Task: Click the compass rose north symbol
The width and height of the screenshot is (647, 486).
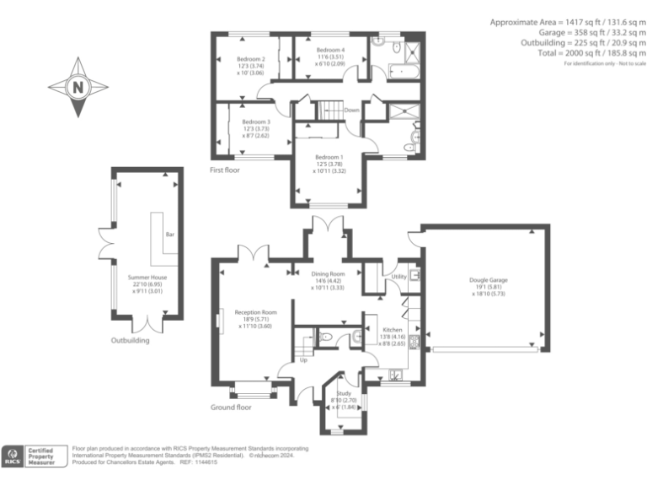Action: [78, 87]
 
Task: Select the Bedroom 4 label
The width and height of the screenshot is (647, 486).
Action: [330, 51]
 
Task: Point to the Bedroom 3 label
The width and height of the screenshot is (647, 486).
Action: [250, 121]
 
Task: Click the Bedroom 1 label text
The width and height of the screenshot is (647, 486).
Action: [329, 157]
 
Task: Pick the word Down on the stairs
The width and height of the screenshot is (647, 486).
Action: [351, 110]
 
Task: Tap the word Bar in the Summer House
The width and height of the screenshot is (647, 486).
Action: [169, 235]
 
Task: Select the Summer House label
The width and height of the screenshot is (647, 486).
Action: [147, 278]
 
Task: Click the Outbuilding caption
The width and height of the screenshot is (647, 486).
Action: [131, 341]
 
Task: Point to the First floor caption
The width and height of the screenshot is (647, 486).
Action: [225, 170]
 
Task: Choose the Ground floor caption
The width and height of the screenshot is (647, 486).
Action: [231, 407]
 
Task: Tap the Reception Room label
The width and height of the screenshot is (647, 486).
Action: [254, 312]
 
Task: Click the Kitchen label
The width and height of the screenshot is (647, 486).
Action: [393, 330]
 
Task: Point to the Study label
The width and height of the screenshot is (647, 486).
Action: [343, 394]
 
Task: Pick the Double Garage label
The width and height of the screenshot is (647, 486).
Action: [489, 280]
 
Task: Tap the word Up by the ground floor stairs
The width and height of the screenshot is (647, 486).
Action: [303, 360]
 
